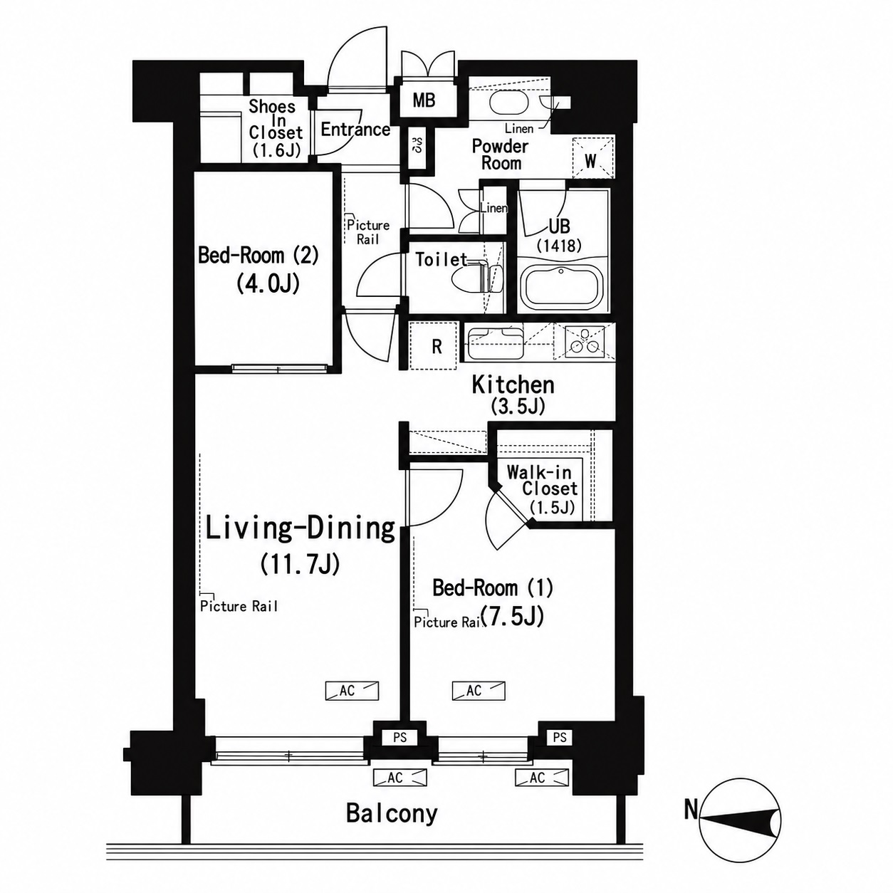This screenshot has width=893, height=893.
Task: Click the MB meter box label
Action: pyautogui.click(x=424, y=100)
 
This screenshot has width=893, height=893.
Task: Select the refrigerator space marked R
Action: pyautogui.click(x=434, y=346)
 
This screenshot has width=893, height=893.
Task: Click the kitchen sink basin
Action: pyautogui.click(x=496, y=342)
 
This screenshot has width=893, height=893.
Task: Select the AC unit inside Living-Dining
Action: pyautogui.click(x=352, y=691)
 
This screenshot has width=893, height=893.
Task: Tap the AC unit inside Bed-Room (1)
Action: pyautogui.click(x=479, y=691)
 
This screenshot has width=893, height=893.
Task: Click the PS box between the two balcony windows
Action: pyautogui.click(x=399, y=737)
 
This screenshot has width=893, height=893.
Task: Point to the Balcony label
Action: pyautogui.click(x=392, y=814)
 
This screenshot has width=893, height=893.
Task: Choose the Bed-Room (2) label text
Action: pyautogui.click(x=258, y=256)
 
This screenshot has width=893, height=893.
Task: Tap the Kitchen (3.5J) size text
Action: pyautogui.click(x=517, y=407)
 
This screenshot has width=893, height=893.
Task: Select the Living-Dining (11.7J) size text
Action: pyautogui.click(x=300, y=565)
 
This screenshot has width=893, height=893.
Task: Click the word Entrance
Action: pyautogui.click(x=355, y=130)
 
